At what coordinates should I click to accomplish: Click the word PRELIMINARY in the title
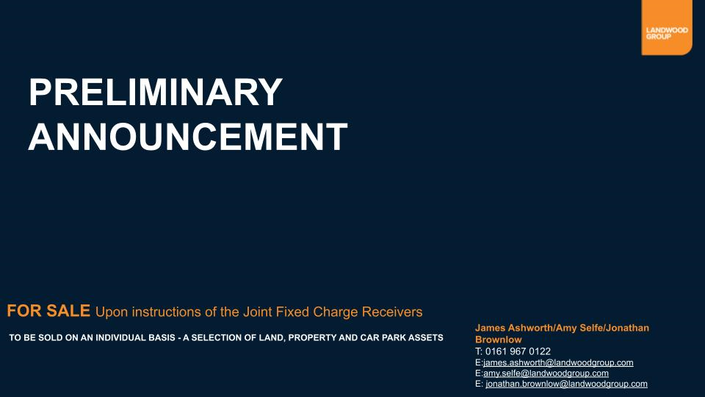pyautogui.click(x=156, y=92)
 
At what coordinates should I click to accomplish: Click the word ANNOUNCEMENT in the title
pyautogui.click(x=188, y=137)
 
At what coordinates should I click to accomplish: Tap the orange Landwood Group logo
pyautogui.click(x=667, y=27)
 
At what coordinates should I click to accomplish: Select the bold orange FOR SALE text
pyautogui.click(x=48, y=310)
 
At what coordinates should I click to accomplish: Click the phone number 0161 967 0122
pyautogui.click(x=518, y=351)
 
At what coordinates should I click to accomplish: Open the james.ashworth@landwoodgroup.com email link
pyautogui.click(x=558, y=362)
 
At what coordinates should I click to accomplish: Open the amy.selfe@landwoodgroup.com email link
pyautogui.click(x=546, y=373)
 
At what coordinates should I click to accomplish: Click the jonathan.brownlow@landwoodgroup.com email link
pyautogui.click(x=566, y=384)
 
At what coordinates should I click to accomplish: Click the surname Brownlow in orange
pyautogui.click(x=499, y=340)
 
